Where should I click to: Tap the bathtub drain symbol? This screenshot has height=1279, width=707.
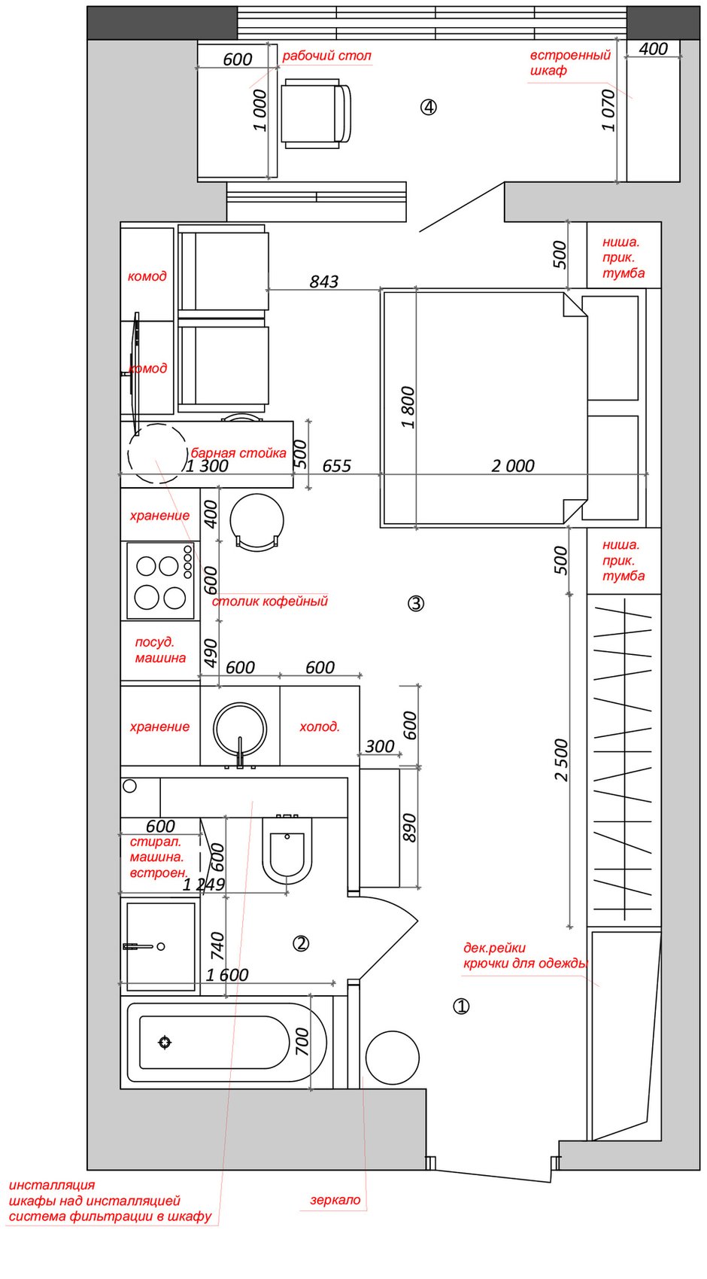tap(165, 1042)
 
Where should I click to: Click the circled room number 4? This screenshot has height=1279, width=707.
tap(428, 107)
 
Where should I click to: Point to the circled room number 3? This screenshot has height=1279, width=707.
tap(416, 603)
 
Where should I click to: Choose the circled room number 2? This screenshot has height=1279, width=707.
tap(301, 943)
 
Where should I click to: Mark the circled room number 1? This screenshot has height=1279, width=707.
tap(461, 1006)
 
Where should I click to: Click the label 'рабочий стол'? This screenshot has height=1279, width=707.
tap(326, 56)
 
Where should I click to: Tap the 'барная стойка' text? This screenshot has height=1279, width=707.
tap(238, 453)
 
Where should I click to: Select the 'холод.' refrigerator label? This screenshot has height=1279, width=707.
tap(320, 726)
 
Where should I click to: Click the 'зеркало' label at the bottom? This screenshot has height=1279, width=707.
tap(335, 1200)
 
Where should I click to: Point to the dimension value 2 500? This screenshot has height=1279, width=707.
tap(562, 760)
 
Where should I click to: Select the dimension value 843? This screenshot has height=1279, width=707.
tap(324, 282)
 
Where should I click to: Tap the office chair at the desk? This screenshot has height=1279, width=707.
tap(316, 114)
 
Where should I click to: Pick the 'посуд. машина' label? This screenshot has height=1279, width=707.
tap(160, 650)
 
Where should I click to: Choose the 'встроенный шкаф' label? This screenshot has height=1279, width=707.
tap(569, 63)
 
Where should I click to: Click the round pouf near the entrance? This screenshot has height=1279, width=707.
tap(392, 1057)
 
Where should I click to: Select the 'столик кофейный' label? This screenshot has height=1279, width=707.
tap(270, 601)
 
